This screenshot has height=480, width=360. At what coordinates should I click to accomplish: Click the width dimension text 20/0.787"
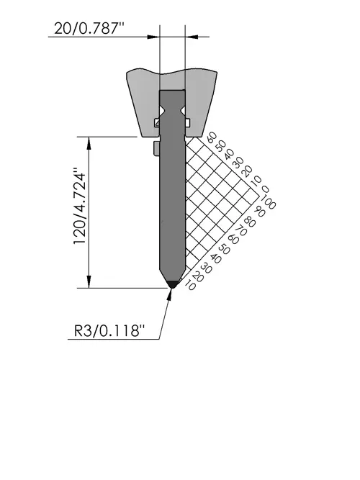(89, 29)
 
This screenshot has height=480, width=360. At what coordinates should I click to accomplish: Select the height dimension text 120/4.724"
(79, 206)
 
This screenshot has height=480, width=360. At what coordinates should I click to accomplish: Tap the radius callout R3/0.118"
(109, 331)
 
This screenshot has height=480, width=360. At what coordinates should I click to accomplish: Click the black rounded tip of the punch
(173, 284)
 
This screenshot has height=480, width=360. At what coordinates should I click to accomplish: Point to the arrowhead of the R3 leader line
(170, 293)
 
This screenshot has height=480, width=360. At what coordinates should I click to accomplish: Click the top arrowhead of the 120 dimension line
(89, 143)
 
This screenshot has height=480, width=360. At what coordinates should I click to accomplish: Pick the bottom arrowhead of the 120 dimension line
(89, 281)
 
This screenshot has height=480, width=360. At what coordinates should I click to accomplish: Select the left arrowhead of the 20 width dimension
(153, 37)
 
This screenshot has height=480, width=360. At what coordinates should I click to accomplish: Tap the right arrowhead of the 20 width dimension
(192, 37)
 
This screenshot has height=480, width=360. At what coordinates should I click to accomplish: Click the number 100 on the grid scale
(267, 203)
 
